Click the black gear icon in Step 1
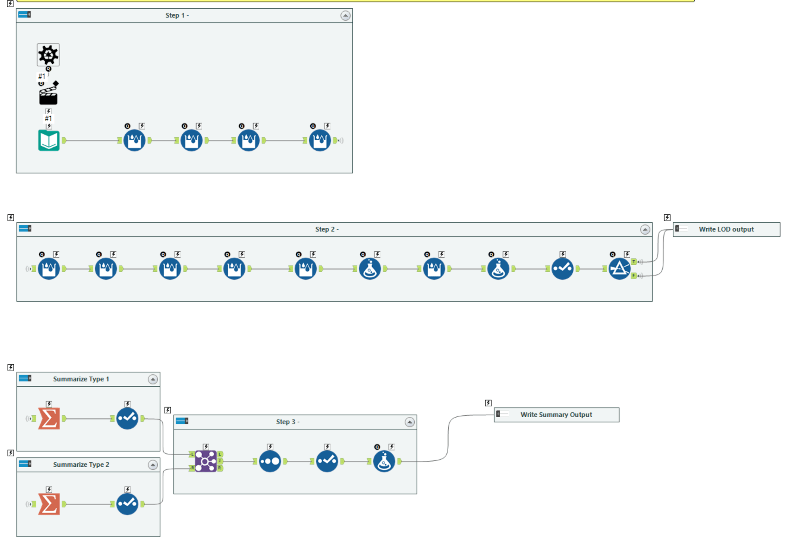coord(48,55)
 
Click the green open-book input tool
coord(49,140)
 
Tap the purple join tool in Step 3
coord(206,461)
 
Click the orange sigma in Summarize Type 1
coord(49,418)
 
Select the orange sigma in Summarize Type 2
coord(49,504)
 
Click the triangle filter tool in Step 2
coord(619,269)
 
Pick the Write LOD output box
coord(726,229)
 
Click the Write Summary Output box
coord(556,415)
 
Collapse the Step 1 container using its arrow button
coord(345,16)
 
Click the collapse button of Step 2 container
coord(645,230)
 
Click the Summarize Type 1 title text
coord(81,379)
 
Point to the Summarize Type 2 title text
coord(81,465)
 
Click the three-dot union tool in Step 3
coord(270,461)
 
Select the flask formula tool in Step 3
coord(384,461)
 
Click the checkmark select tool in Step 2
coord(562,269)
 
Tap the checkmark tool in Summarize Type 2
coord(127,504)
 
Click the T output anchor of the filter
coord(634,262)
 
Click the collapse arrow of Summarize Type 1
coord(153,380)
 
